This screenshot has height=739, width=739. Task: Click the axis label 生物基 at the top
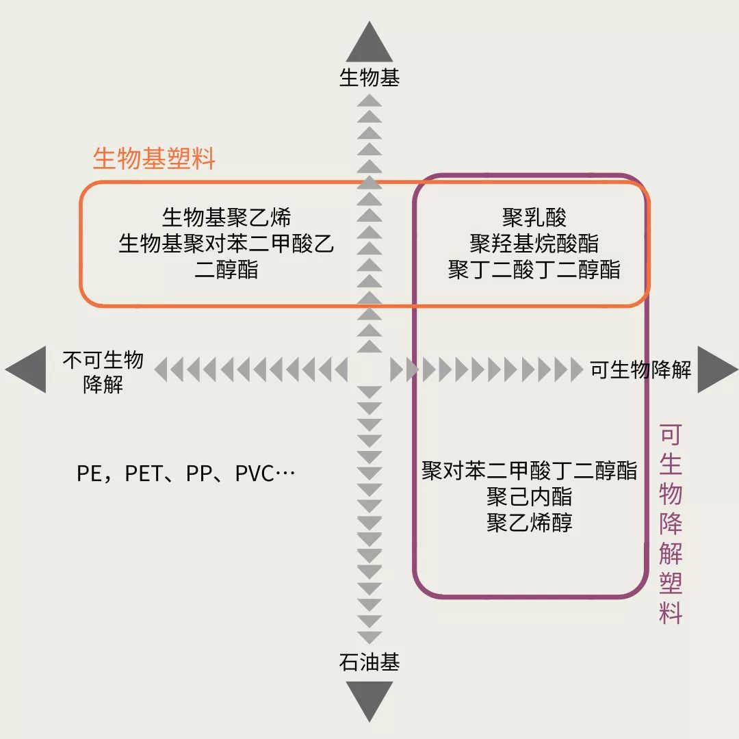click(x=369, y=78)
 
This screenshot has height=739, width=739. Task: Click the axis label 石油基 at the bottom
click(x=369, y=662)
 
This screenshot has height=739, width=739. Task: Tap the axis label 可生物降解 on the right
click(x=640, y=370)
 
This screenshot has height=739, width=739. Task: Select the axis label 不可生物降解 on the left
click(x=103, y=372)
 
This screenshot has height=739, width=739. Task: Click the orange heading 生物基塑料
click(x=154, y=159)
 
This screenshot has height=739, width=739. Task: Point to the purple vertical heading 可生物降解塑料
click(x=671, y=524)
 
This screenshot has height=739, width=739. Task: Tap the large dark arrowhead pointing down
click(x=369, y=699)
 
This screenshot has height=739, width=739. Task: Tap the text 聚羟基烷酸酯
click(x=534, y=244)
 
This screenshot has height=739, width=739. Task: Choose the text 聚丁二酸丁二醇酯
click(x=534, y=270)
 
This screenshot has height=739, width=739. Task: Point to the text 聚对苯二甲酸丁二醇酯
click(x=530, y=471)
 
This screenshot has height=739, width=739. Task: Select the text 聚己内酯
click(x=530, y=497)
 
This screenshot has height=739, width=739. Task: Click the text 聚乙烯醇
click(x=530, y=523)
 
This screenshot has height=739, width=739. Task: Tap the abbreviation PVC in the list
click(x=255, y=474)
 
